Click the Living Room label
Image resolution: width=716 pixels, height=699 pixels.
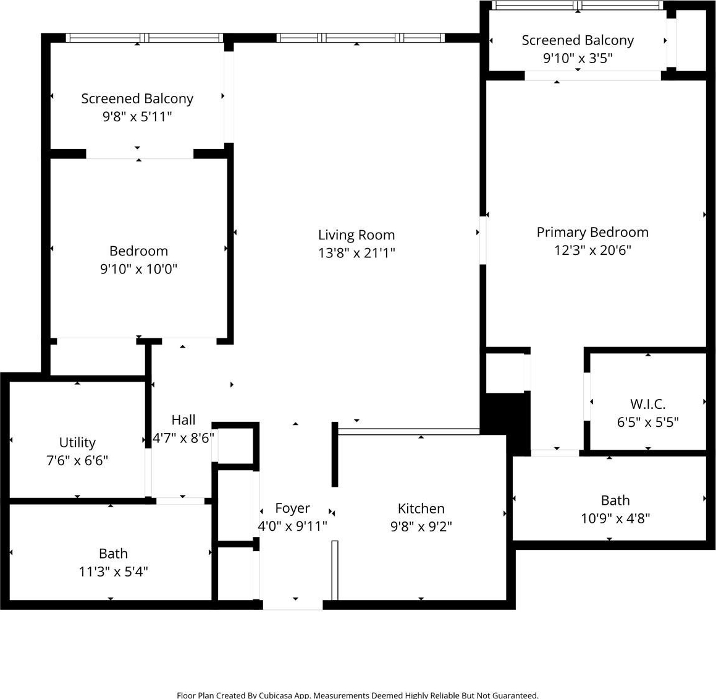(x=356, y=235)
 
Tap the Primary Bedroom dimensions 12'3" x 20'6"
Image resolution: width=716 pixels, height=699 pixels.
(x=592, y=250)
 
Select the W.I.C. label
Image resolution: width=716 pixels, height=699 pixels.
(x=647, y=404)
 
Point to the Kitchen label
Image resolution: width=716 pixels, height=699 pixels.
(x=421, y=508)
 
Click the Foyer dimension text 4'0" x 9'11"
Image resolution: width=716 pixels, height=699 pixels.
(x=292, y=526)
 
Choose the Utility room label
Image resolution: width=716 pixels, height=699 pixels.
(x=77, y=442)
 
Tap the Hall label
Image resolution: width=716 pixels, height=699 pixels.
(x=183, y=419)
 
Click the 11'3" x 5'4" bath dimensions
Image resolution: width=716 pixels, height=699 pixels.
(x=113, y=572)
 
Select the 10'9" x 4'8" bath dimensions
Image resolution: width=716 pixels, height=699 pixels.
(x=615, y=518)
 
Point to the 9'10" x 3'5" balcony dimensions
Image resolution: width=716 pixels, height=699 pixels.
(x=578, y=58)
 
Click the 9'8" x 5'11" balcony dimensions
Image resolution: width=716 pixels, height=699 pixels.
(x=137, y=116)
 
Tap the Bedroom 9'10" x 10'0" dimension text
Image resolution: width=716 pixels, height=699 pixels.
(x=138, y=269)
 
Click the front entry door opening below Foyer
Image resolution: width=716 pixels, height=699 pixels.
(x=293, y=605)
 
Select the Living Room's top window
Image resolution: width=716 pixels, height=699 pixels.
(x=360, y=38)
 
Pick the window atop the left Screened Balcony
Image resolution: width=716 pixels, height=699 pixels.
(x=145, y=38)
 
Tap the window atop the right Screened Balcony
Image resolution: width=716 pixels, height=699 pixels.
(x=578, y=6)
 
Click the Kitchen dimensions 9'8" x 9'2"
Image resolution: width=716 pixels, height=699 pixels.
(x=421, y=526)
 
